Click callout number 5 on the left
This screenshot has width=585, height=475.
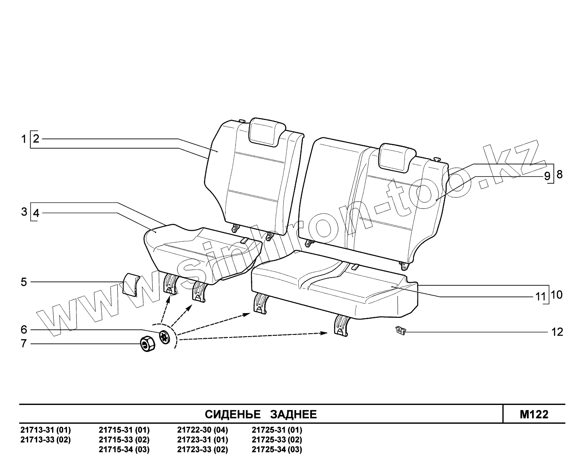(x=24, y=282)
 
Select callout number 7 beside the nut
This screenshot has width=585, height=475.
(x=24, y=343)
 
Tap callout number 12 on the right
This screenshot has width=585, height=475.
(x=557, y=332)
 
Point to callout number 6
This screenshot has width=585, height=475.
(x=24, y=330)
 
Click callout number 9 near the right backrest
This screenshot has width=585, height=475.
(x=547, y=176)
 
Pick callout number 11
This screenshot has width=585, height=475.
(x=541, y=296)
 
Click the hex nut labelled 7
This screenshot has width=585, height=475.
(x=147, y=343)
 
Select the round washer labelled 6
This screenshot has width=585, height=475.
(x=164, y=337)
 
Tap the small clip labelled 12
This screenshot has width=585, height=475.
(x=400, y=330)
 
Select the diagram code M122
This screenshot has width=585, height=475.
(x=534, y=414)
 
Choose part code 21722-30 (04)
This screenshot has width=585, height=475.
(x=202, y=430)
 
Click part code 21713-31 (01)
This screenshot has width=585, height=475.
(x=46, y=430)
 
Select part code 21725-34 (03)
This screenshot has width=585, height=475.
(x=277, y=449)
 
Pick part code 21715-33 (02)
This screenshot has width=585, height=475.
(x=124, y=440)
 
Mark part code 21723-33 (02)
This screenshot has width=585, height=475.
(x=202, y=449)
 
